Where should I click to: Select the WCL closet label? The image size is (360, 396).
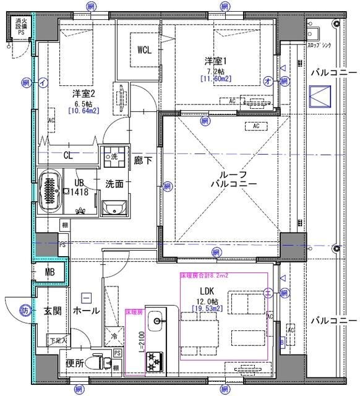point(146,49)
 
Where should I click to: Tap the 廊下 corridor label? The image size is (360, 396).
point(143,160)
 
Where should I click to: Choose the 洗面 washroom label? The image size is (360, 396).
point(113,184)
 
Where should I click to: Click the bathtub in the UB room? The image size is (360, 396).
point(49,191)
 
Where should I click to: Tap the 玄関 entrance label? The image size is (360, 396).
point(51,311)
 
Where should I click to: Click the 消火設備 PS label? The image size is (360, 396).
point(21,28)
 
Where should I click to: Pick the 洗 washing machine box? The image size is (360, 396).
point(113,157)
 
